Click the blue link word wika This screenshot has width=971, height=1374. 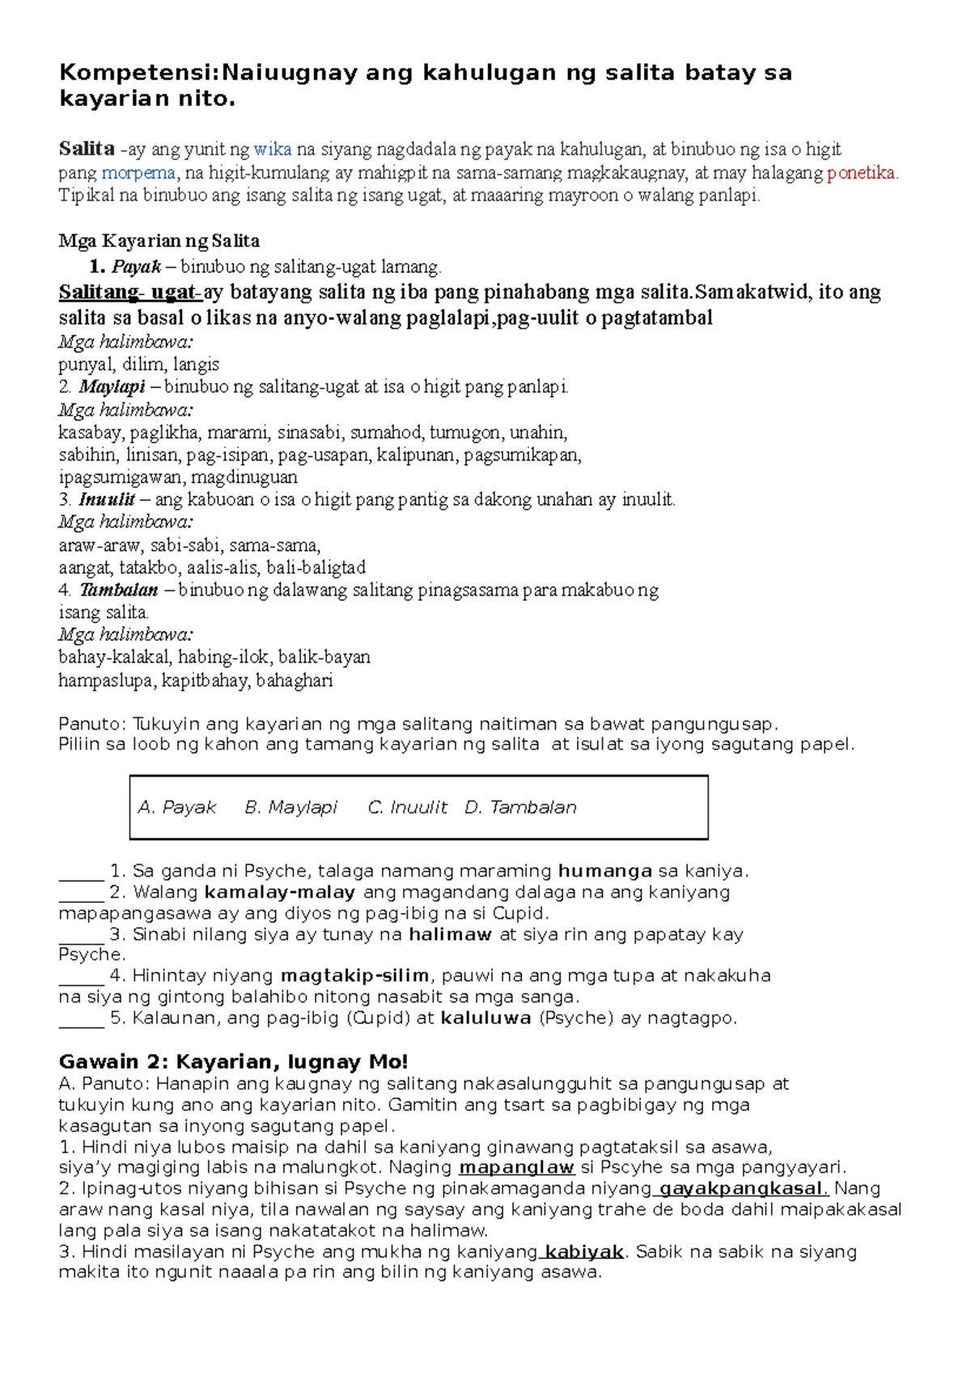click(x=272, y=149)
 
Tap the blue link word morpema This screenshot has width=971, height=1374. click(x=138, y=172)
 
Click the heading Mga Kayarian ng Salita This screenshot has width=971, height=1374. click(x=159, y=241)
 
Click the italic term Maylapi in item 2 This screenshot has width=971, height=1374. click(x=112, y=387)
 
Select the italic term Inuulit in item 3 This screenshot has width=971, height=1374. click(x=107, y=499)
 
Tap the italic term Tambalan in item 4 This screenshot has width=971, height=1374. click(x=118, y=590)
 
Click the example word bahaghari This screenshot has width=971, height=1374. click(x=294, y=681)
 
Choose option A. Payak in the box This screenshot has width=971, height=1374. click(x=177, y=808)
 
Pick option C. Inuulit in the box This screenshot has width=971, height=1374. click(x=407, y=808)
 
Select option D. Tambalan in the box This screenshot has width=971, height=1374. click(x=520, y=808)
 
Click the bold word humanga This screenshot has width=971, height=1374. click(x=604, y=871)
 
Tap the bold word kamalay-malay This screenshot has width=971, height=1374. click(x=280, y=893)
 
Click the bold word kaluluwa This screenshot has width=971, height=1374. click(x=485, y=1018)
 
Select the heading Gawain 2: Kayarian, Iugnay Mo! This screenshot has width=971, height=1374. click(x=234, y=1062)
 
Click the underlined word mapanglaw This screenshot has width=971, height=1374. click(x=516, y=1168)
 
